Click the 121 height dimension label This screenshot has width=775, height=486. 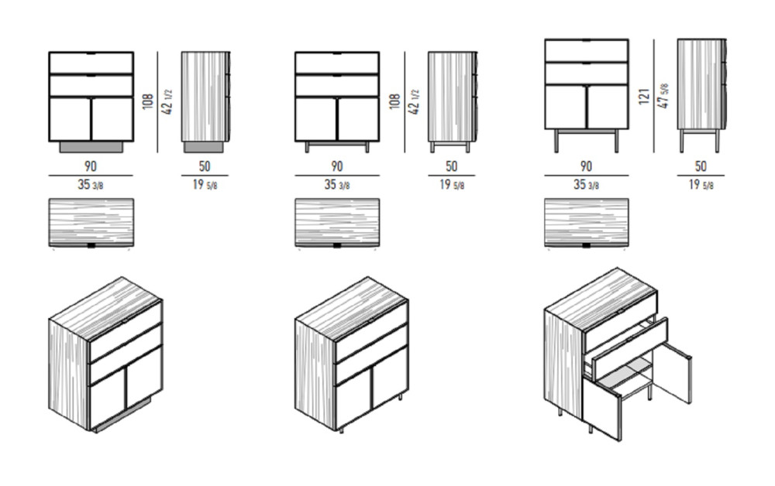[643, 96]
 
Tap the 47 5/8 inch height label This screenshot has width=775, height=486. [664, 96]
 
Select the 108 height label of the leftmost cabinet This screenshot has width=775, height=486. [148, 101]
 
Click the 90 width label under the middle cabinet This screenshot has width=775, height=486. [336, 166]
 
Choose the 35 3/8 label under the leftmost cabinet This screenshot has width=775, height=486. [91, 184]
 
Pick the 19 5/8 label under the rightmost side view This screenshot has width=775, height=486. [701, 184]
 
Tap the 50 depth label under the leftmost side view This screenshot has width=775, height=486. [204, 166]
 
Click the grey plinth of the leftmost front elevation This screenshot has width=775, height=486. [91, 146]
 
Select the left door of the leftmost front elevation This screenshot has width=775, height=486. [71, 118]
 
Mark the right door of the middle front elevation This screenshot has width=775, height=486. [358, 118]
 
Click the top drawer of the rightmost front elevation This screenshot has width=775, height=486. [587, 50]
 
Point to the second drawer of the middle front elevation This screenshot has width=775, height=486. [337, 85]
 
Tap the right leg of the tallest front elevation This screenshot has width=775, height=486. [617, 141]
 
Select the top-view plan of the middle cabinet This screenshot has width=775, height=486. [338, 222]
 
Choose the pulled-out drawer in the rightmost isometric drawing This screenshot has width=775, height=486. [629, 351]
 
